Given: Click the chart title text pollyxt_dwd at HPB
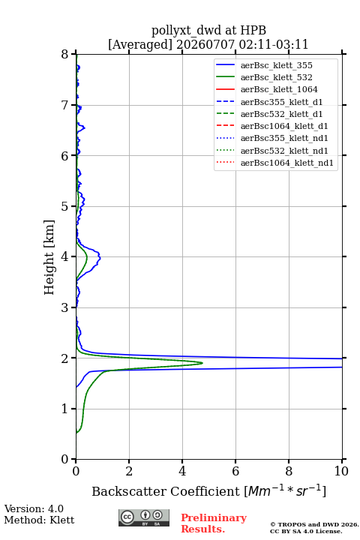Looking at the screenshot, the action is coord(208,31).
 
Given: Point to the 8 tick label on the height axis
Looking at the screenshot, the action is coord(65,54).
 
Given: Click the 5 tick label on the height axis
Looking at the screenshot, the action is coord(65,206).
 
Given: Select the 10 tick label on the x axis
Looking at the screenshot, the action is coord(341,471).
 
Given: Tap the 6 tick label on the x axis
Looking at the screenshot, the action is coord(235,471).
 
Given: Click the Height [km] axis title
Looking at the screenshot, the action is coord(49,257).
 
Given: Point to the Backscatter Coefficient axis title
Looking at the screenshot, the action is coord(208,490).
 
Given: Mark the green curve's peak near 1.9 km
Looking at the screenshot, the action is coord(202,363).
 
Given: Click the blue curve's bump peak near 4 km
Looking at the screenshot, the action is coord(100,257).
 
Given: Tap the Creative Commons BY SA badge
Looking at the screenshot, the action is coord(144,517).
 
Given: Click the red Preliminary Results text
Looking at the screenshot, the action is coord(214,523).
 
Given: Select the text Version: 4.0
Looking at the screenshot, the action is coord(34,508).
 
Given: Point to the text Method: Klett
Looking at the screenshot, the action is coord(39,520).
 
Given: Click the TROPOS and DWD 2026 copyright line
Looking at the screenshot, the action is coord(314,524).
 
